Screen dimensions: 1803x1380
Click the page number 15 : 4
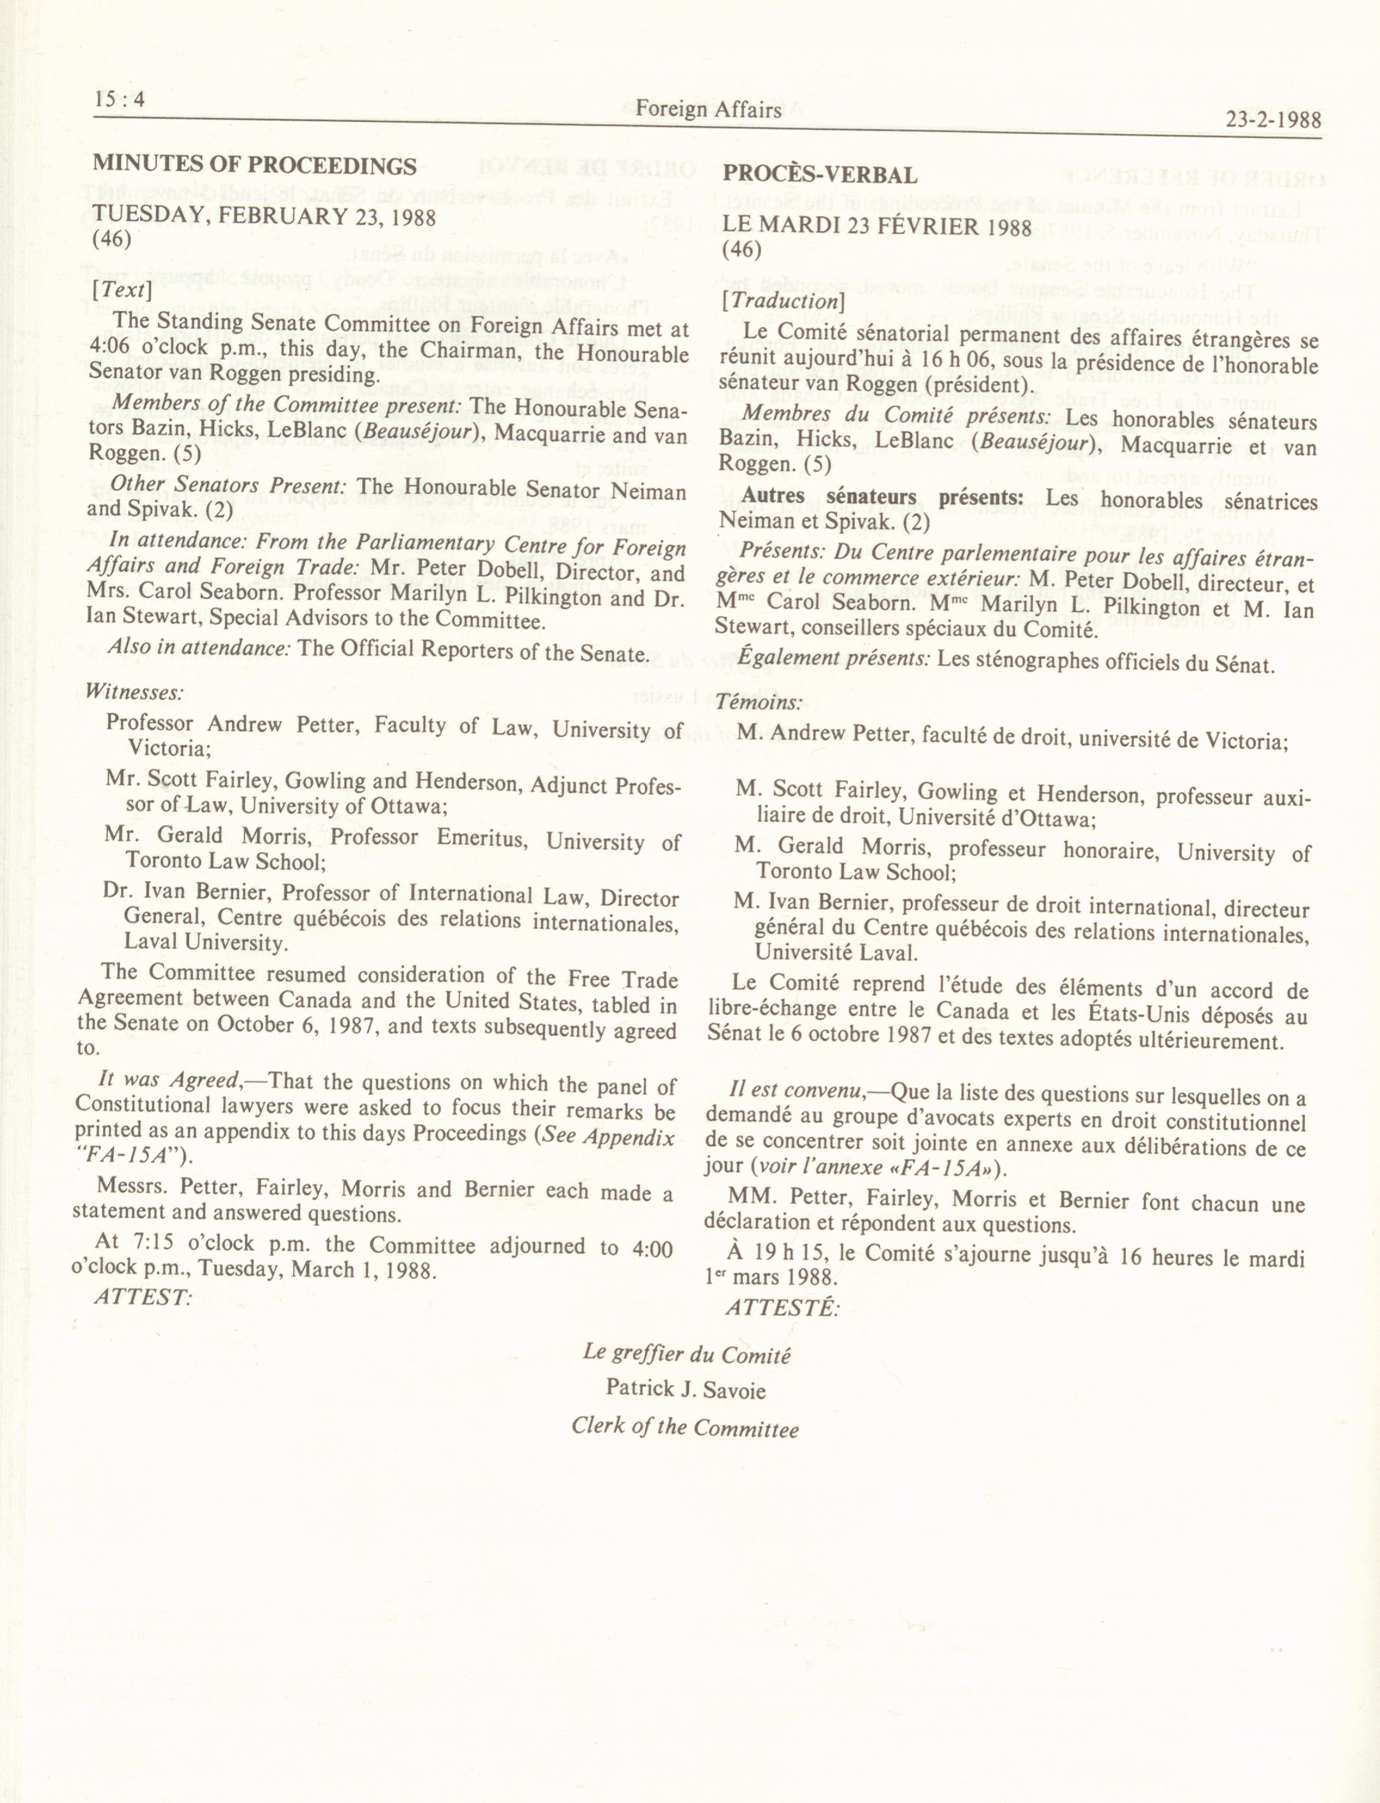click(x=120, y=100)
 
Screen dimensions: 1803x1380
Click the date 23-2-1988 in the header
click(x=1273, y=120)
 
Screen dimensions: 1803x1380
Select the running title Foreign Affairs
click(x=708, y=109)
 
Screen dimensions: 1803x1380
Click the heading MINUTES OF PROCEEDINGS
click(x=255, y=165)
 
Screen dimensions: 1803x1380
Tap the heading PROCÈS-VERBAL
click(x=819, y=175)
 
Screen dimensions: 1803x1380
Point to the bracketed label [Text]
click(x=122, y=290)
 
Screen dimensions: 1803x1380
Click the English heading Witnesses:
click(x=134, y=691)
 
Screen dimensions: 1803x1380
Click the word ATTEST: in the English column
click(x=142, y=1297)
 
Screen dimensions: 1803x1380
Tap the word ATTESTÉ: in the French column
click(x=783, y=1306)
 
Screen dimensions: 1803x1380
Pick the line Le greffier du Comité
click(x=687, y=1353)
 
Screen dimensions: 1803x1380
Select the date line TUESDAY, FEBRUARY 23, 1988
click(x=264, y=217)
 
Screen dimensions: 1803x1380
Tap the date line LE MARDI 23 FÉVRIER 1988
click(x=876, y=226)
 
